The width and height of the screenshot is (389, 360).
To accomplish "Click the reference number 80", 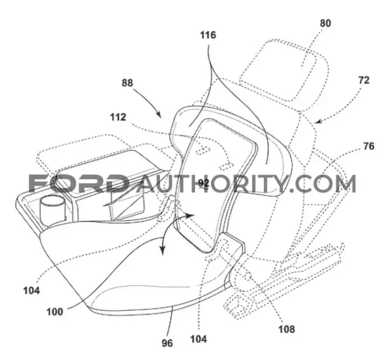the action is pyautogui.click(x=325, y=23).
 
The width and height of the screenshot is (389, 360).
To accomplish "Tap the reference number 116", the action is pyautogui.click(x=208, y=35).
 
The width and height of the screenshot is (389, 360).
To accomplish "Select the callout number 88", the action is pyautogui.click(x=128, y=83).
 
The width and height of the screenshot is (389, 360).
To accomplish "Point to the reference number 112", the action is pyautogui.click(x=118, y=117).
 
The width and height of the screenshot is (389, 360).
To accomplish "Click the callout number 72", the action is pyautogui.click(x=364, y=80).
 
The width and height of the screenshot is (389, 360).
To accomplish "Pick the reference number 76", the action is pyautogui.click(x=368, y=146).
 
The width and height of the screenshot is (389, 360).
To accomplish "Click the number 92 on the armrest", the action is pyautogui.click(x=204, y=184).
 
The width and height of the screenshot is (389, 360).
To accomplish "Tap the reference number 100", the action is pyautogui.click(x=55, y=311).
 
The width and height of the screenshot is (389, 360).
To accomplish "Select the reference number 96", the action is pyautogui.click(x=167, y=343).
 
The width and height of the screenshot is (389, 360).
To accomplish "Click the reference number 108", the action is pyautogui.click(x=286, y=329).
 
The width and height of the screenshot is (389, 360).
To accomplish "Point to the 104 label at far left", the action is pyautogui.click(x=31, y=290).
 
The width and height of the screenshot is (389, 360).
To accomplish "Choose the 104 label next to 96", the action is pyautogui.click(x=198, y=339).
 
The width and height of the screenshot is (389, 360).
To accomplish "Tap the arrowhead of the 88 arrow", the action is pyautogui.click(x=159, y=114).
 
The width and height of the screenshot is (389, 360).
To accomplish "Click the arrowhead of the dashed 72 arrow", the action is pyautogui.click(x=318, y=121).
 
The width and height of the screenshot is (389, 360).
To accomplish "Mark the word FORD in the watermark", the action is pyautogui.click(x=79, y=184).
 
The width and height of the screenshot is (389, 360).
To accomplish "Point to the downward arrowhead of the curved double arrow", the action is pyautogui.click(x=163, y=250).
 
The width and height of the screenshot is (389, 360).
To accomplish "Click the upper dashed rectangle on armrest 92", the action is pyautogui.click(x=204, y=151).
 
